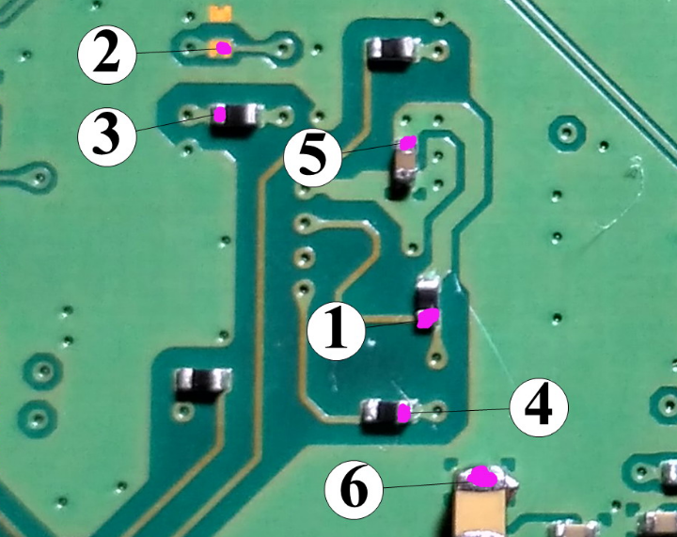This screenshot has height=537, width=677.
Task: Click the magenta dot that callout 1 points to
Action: (x=428, y=317)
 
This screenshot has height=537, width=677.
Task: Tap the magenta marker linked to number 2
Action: (x=223, y=46)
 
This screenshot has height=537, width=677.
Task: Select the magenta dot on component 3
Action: (x=219, y=115)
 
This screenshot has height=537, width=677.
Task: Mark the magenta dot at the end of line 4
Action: (x=403, y=412)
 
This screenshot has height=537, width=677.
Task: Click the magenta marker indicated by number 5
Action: (x=408, y=143)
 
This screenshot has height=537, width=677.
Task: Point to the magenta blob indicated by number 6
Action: (x=483, y=477)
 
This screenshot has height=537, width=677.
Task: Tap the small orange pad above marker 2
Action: (x=220, y=14)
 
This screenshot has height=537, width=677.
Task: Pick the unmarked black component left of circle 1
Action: (x=203, y=384)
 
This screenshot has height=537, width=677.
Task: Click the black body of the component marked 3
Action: (x=239, y=117)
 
